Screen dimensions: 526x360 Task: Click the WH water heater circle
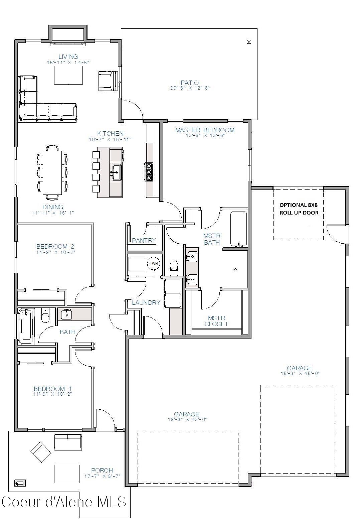[155, 264]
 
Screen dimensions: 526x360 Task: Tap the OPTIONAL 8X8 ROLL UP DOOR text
[299, 209]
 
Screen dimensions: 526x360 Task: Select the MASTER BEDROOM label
[205, 130]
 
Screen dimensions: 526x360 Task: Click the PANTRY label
[144, 240]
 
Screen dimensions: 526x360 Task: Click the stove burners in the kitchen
[149, 172]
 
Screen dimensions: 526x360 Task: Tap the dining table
[52, 172]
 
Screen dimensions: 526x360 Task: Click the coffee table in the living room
[68, 75]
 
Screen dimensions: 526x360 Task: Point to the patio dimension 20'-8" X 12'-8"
[189, 88]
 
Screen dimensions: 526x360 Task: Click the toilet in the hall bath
[45, 316]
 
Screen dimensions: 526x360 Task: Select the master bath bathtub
[238, 229]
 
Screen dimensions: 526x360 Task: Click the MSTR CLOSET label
[216, 321]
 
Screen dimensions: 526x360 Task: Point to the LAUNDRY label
[146, 302]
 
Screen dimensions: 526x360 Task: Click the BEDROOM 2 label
[55, 247]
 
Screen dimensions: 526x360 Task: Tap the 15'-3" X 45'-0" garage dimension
[300, 374]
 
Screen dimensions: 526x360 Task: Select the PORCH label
[102, 470]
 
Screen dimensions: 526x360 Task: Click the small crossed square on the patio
[248, 42]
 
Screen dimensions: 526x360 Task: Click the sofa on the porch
[68, 442]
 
